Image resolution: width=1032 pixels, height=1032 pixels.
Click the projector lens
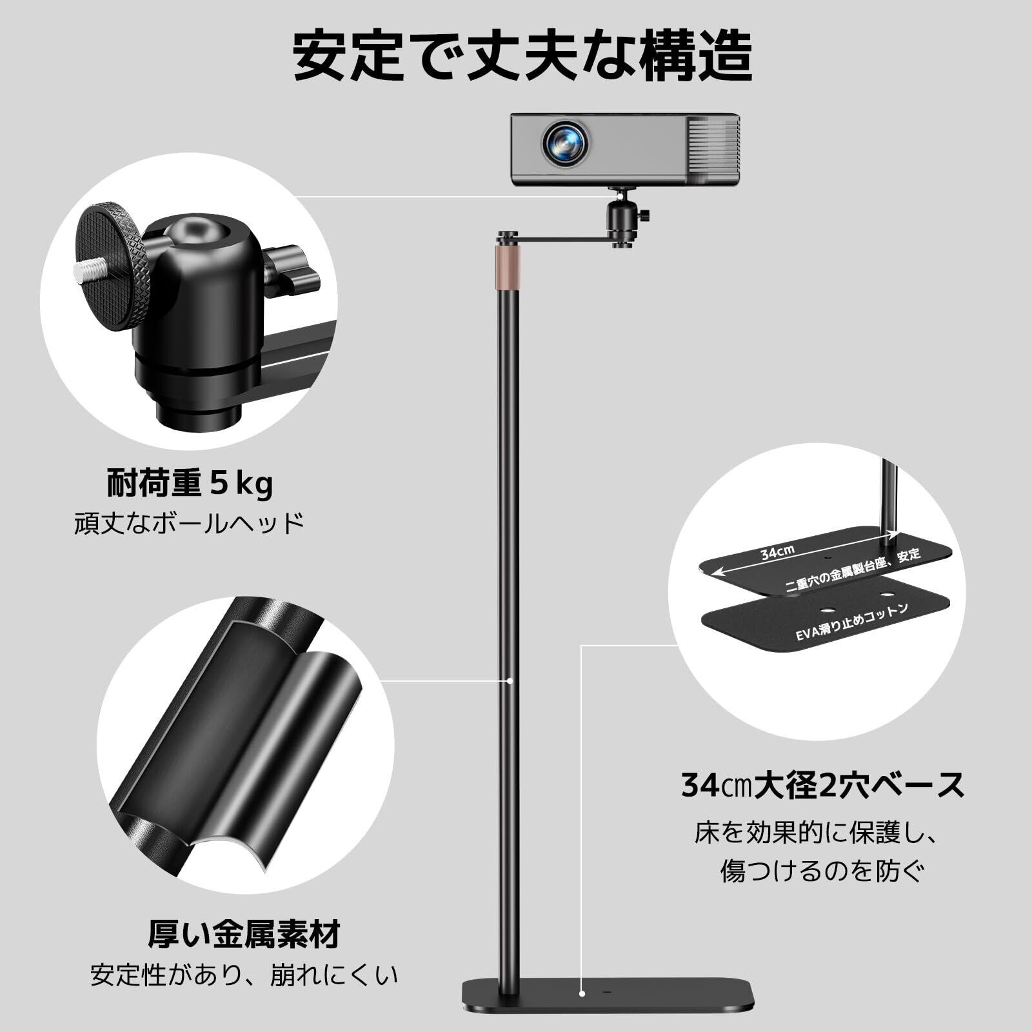pyautogui.click(x=566, y=143)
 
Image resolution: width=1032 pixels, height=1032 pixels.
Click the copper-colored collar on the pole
pyautogui.click(x=508, y=266)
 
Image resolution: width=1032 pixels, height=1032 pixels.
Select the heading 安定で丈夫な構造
pyautogui.click(x=522, y=56)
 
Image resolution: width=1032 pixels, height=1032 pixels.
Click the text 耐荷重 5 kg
pyautogui.click(x=190, y=484)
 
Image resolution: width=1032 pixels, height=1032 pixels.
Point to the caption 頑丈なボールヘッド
pyautogui.click(x=189, y=522)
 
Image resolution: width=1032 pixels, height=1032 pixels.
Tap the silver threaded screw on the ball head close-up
pyautogui.click(x=90, y=268)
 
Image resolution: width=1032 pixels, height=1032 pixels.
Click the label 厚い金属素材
pyautogui.click(x=244, y=934)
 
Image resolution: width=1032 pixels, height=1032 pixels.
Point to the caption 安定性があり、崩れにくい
pyautogui.click(x=244, y=975)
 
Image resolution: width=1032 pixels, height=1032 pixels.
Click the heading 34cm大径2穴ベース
pyautogui.click(x=823, y=786)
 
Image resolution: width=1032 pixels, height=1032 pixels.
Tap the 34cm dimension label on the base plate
pyautogui.click(x=777, y=552)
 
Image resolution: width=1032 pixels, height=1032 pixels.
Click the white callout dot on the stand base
pyautogui.click(x=582, y=1011)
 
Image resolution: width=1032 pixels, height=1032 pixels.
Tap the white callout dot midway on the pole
pyautogui.click(x=510, y=680)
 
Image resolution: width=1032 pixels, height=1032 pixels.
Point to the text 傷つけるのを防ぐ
pyautogui.click(x=823, y=871)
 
